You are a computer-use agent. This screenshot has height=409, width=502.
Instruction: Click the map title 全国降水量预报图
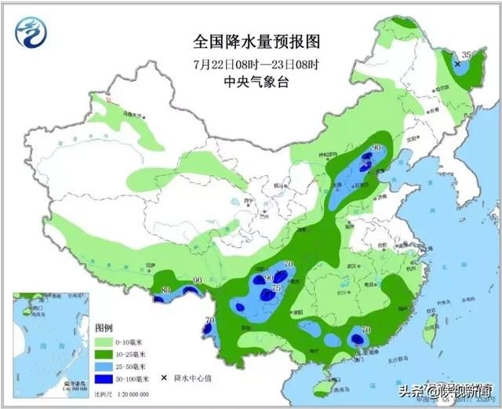pos(246,40)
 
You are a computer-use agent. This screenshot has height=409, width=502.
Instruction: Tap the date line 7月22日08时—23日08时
pos(246,63)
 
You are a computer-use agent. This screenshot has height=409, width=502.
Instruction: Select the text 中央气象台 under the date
pos(246,82)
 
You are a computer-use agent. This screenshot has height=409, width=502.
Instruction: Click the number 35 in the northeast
pos(467,53)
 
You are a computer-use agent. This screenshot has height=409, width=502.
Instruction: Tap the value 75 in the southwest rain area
pos(276,288)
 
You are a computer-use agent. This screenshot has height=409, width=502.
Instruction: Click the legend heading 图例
pos(104,327)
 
